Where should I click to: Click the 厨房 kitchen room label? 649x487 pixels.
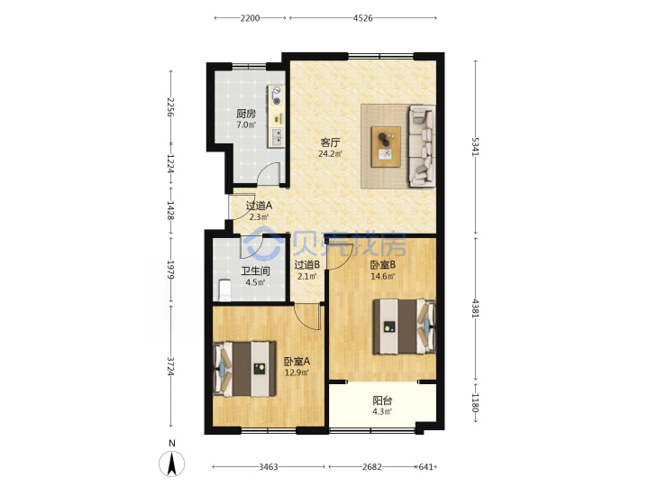(246, 114)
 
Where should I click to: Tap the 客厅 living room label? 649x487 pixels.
(330, 142)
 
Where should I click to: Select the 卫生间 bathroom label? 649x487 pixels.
(256, 271)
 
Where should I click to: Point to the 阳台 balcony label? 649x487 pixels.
(382, 400)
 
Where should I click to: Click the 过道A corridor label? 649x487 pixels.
(259, 206)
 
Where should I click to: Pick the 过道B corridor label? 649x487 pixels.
(306, 264)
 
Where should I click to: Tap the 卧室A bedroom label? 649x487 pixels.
(297, 362)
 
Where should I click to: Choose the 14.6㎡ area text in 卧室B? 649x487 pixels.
(382, 276)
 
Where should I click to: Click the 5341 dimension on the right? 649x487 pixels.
(475, 147)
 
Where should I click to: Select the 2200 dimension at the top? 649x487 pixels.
(250, 18)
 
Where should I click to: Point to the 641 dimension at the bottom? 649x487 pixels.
(425, 467)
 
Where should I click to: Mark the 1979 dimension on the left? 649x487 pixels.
(170, 269)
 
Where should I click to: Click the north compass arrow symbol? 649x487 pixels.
(172, 464)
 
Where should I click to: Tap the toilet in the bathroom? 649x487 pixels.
(224, 290)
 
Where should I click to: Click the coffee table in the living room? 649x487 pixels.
(386, 147)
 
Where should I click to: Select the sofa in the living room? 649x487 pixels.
(422, 146)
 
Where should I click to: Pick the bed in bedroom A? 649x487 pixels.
(244, 369)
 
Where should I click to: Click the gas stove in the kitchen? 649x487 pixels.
(276, 96)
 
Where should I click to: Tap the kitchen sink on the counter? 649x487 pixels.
(276, 136)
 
